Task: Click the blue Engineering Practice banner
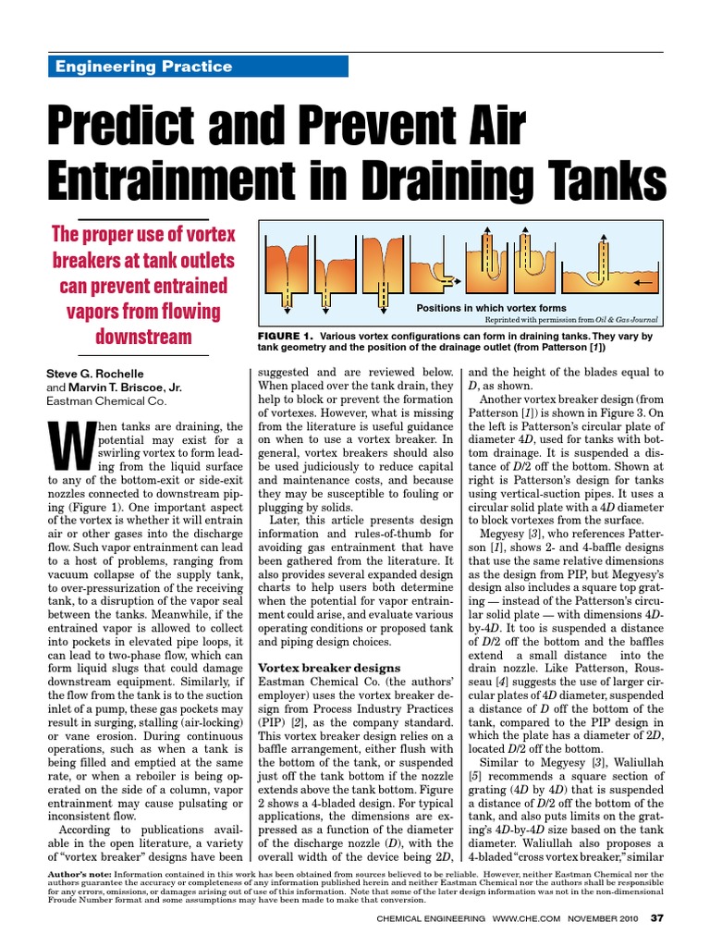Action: click(x=197, y=67)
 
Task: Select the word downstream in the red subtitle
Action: click(x=142, y=336)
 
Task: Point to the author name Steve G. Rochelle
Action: click(x=96, y=374)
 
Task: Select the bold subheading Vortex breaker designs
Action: click(x=328, y=668)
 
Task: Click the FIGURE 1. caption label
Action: click(x=288, y=337)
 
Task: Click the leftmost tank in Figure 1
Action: click(x=283, y=264)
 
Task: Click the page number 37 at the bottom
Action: click(x=657, y=918)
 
